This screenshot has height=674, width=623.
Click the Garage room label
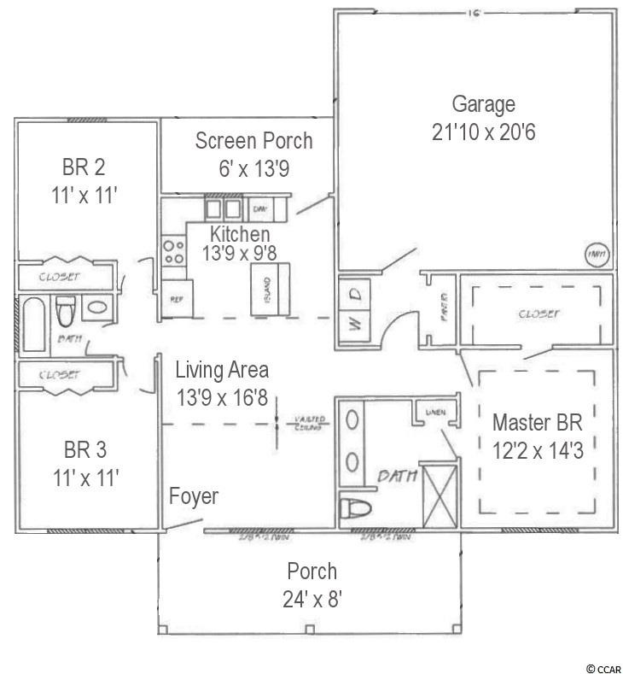pyautogui.click(x=483, y=105)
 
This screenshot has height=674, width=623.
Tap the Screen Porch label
pyautogui.click(x=253, y=141)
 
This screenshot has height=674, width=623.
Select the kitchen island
pyautogui.click(x=269, y=288)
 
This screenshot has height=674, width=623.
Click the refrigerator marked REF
pyautogui.click(x=177, y=300)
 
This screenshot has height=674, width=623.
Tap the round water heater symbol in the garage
pyautogui.click(x=595, y=254)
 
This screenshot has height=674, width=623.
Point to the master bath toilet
pyautogui.click(x=357, y=510)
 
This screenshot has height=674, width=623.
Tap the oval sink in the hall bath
pyautogui.click(x=96, y=308)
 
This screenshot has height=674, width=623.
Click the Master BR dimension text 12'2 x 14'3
pyautogui.click(x=538, y=449)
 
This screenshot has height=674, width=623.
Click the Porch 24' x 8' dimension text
pyautogui.click(x=311, y=599)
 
